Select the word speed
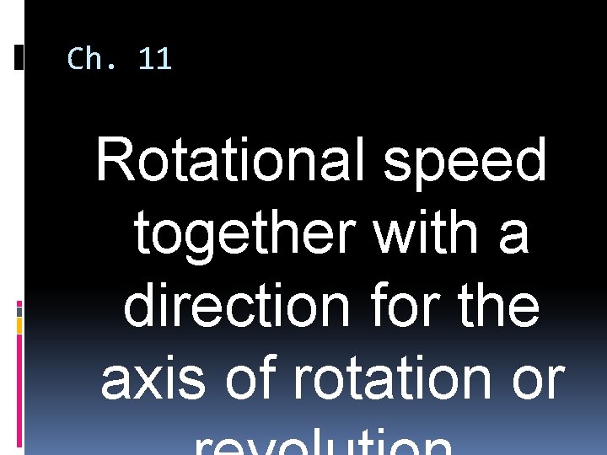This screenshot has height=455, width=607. pyautogui.click(x=465, y=163)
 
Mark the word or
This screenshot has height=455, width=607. pyautogui.click(x=537, y=381)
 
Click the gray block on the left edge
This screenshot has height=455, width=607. pyautogui.click(x=19, y=324)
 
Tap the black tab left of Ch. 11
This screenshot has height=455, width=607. pyautogui.click(x=19, y=57)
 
